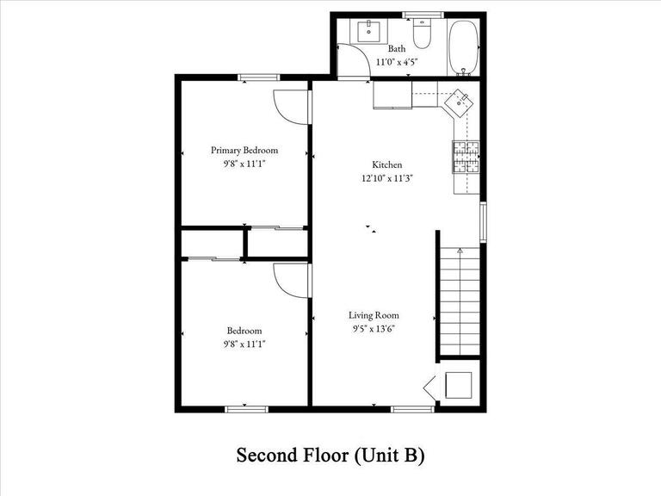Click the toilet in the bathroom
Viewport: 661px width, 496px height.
422,34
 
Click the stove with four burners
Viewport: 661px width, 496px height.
466,156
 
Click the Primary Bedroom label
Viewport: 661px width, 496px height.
244,150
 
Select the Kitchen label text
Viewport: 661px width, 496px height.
386,164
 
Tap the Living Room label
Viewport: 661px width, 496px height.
374,315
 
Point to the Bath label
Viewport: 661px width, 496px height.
396,49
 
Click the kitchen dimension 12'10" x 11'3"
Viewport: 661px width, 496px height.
387,178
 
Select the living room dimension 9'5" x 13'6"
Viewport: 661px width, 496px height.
374,328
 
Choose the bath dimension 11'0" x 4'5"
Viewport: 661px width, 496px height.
397,61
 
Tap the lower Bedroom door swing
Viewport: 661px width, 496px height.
291,280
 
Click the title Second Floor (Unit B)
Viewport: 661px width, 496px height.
330,455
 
